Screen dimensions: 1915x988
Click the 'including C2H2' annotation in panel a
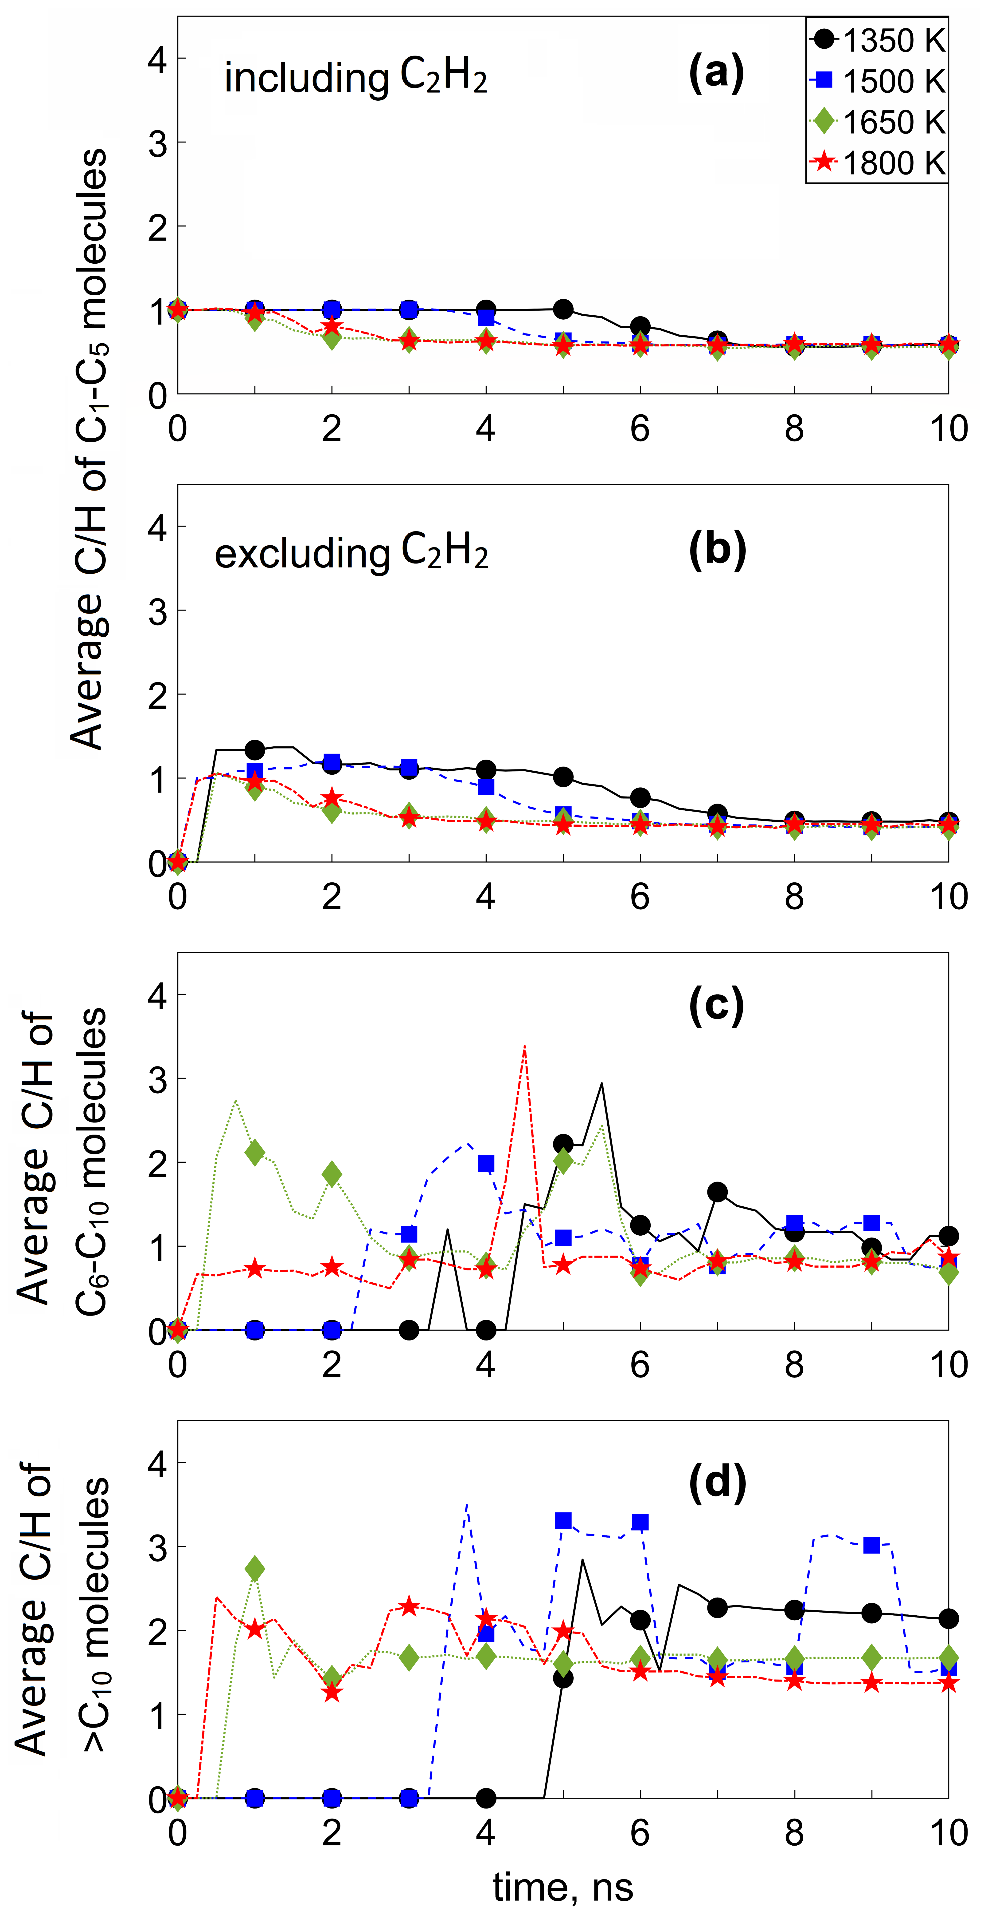355,77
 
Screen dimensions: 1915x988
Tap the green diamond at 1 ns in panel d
255,1569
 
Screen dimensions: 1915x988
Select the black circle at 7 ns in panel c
717,1192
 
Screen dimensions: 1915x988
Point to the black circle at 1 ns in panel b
255,749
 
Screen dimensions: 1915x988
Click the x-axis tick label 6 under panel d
640,1833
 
